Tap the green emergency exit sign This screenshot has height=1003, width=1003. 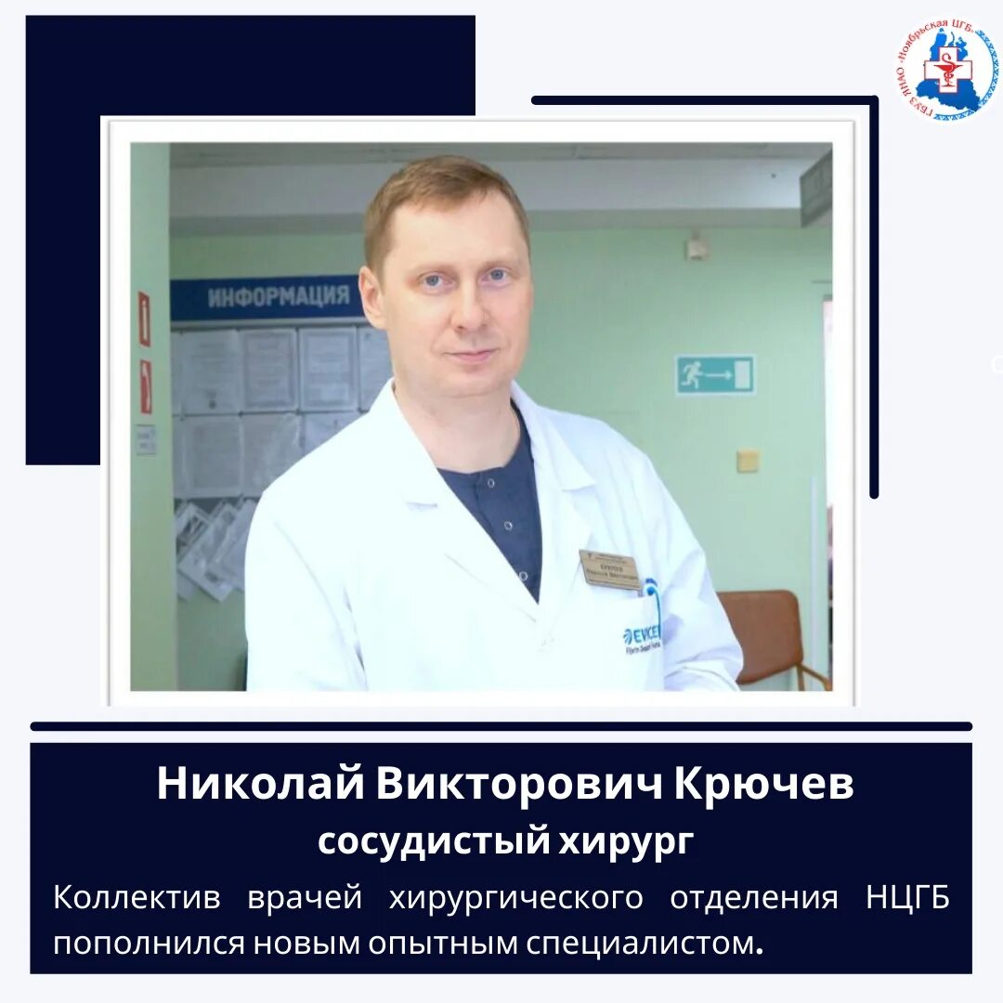(714, 374)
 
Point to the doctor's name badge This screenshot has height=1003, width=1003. (610, 568)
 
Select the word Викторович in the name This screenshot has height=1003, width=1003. (519, 785)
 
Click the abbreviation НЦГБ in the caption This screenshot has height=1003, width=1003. (906, 898)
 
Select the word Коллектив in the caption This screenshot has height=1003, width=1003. (137, 898)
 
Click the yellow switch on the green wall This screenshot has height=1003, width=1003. (748, 461)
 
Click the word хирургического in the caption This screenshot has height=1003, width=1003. (516, 898)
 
